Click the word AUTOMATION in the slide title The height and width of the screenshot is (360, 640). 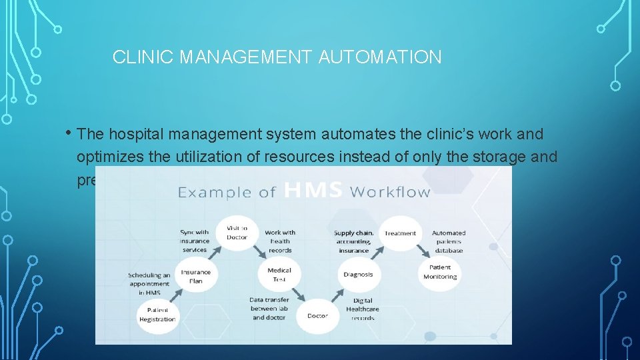click(380, 57)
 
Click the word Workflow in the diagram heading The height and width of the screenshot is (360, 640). click(390, 191)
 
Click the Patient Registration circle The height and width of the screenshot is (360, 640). click(157, 315)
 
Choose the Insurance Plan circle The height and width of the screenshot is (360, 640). click(196, 276)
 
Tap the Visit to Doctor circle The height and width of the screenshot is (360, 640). click(236, 233)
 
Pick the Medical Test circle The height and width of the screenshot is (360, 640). click(279, 275)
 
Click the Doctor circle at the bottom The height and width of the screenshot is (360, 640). click(317, 315)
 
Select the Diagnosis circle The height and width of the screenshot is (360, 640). click(358, 274)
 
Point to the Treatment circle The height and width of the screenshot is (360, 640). click(400, 233)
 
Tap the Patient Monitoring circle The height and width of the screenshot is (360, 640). click(439, 272)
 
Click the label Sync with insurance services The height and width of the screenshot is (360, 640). click(194, 241)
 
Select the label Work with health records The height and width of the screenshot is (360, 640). click(280, 241)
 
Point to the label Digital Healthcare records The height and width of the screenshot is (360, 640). click(363, 309)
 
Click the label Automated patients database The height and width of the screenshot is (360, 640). click(449, 241)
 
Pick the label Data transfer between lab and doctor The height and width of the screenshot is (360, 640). click(269, 309)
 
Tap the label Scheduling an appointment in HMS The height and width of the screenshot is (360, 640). click(149, 283)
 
